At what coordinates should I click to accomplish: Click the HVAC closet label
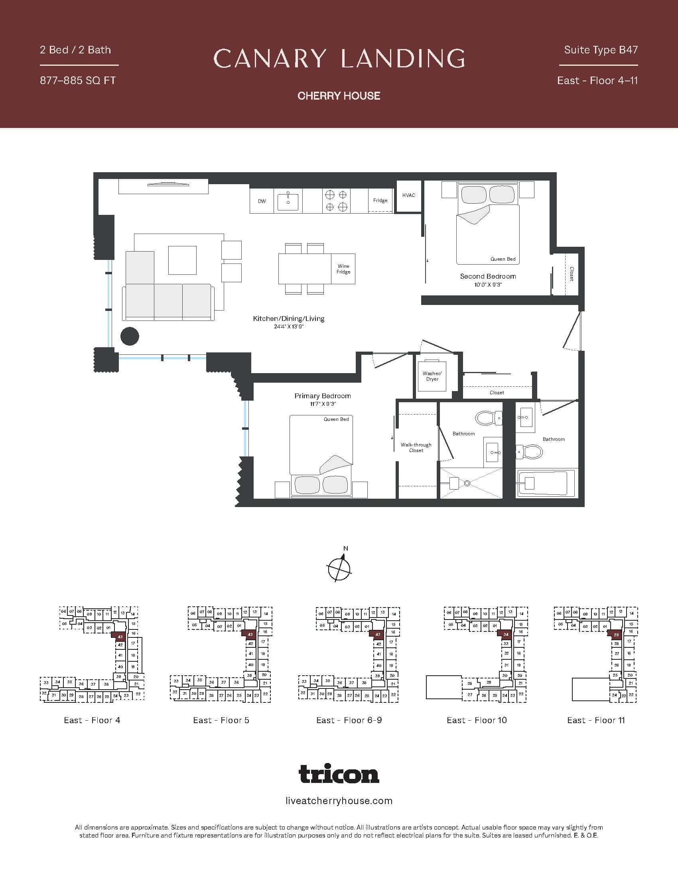pos(408,195)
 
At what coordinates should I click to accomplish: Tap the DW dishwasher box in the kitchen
pos(262,201)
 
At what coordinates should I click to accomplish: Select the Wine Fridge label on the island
pos(343,269)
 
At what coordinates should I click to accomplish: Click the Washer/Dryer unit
pos(432,376)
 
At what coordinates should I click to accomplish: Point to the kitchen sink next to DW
pos(288,201)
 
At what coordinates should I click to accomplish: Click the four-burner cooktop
pos(336,201)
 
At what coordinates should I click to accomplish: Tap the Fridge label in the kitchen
pos(380,201)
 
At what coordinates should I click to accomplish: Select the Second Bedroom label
pos(488,276)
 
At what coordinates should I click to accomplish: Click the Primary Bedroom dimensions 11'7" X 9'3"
pos(323,404)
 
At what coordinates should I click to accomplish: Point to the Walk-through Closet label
pos(416,447)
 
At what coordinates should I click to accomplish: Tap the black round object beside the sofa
pos(130,336)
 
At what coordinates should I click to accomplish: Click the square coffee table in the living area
pos(182,260)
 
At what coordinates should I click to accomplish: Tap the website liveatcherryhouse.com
pos(339,801)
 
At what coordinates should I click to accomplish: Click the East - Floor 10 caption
pos(476,720)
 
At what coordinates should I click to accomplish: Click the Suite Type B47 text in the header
pos(601,50)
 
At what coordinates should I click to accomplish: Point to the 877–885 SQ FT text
pos(77,81)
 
